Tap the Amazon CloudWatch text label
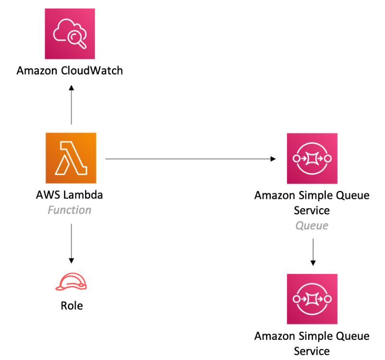click(x=70, y=71)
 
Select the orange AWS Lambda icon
click(x=71, y=158)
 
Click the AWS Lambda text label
click(x=69, y=195)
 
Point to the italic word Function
click(x=69, y=210)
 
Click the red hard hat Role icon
click(x=72, y=282)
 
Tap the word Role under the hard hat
click(x=72, y=306)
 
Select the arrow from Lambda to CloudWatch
click(x=72, y=106)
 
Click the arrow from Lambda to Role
click(x=72, y=243)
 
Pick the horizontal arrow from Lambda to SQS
click(x=190, y=159)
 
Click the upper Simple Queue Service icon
click(x=312, y=159)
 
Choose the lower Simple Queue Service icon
click(x=312, y=299)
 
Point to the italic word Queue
click(x=312, y=225)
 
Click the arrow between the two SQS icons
click(x=313, y=251)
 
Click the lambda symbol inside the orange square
click(x=71, y=159)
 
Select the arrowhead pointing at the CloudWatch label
click(x=72, y=87)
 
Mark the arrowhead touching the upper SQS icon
click(x=273, y=159)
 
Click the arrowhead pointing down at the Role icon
click(x=72, y=260)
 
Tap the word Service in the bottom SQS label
click(x=312, y=351)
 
